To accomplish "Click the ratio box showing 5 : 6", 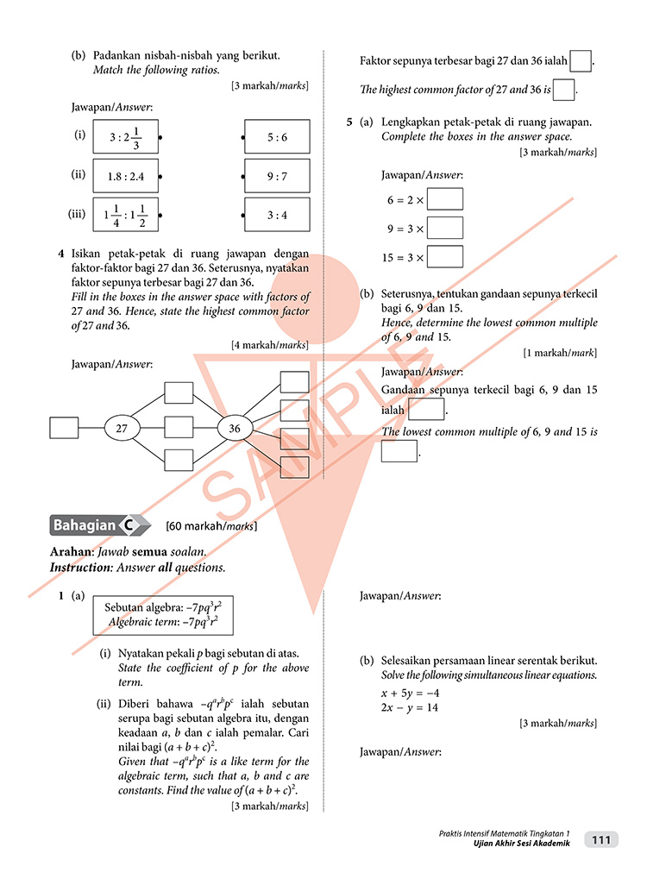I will [277, 137].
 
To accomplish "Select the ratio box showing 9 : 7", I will [277, 176].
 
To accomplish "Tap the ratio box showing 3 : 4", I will [277, 215].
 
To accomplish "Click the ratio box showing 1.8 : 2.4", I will [126, 176].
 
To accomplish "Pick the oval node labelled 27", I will [122, 428].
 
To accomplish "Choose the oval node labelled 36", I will [235, 428].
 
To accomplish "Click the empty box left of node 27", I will [65, 428].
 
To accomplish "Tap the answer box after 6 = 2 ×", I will [445, 199].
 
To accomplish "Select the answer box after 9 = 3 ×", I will [445, 229].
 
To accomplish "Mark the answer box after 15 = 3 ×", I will [445, 257].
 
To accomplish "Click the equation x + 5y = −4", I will [411, 693].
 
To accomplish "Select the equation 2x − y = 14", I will [411, 707].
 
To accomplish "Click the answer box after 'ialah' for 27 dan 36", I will [581, 61].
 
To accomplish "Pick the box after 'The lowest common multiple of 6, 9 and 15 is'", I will [399, 451].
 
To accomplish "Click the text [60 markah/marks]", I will [210, 525].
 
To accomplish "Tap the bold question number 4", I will [61, 254].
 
